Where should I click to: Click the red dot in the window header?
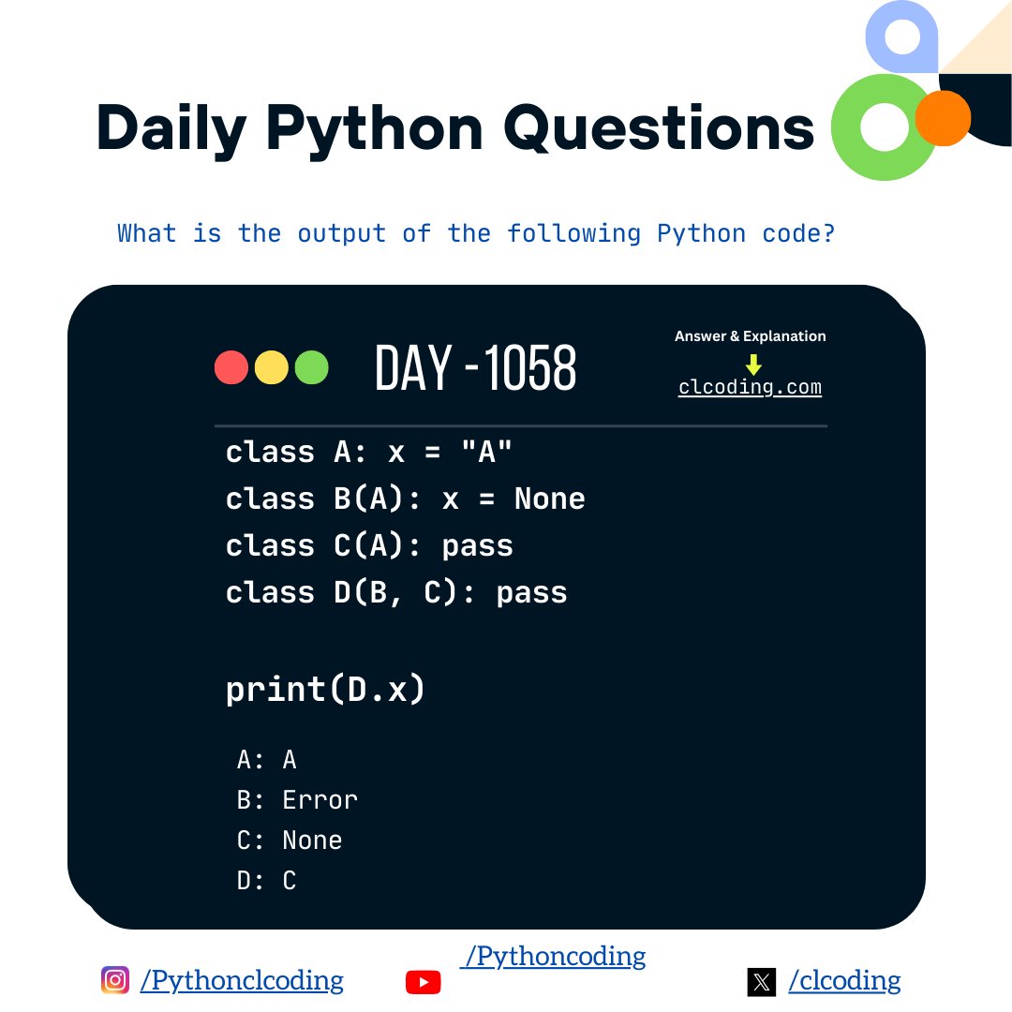[x=231, y=367]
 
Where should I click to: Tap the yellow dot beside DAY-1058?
[x=271, y=367]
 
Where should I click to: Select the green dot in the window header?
[x=311, y=367]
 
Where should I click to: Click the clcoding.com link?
[x=750, y=387]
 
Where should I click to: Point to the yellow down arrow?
[x=753, y=364]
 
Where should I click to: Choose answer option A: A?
[x=267, y=760]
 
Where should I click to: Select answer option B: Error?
[x=297, y=800]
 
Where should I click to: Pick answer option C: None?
[x=290, y=841]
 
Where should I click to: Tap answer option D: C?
[x=267, y=881]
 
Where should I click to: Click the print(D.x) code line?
[x=325, y=690]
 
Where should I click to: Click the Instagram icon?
[x=115, y=980]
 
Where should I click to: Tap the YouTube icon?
[x=423, y=981]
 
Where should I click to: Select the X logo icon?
[x=762, y=981]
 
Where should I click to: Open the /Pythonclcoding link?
[x=242, y=980]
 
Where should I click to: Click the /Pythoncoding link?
[x=553, y=956]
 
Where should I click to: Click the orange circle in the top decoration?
[x=942, y=118]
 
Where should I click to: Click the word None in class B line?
[x=549, y=499]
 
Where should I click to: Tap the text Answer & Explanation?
[x=750, y=336]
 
